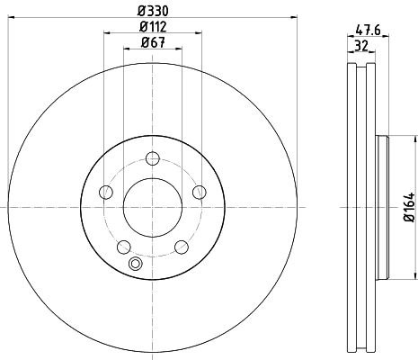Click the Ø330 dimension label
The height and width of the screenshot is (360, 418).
click(x=153, y=11)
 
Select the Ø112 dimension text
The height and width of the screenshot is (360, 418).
click(x=153, y=27)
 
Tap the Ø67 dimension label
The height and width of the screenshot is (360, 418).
click(x=153, y=43)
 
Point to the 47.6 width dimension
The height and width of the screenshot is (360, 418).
click(x=368, y=31)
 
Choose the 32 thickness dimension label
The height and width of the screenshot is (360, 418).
click(x=361, y=46)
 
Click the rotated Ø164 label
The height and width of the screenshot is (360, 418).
click(x=410, y=207)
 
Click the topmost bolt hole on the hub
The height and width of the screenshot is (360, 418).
click(x=153, y=158)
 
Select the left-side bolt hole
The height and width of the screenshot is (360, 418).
click(x=106, y=192)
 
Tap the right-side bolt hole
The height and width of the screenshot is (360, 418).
click(x=200, y=192)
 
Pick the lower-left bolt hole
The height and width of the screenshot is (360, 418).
click(x=124, y=247)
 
